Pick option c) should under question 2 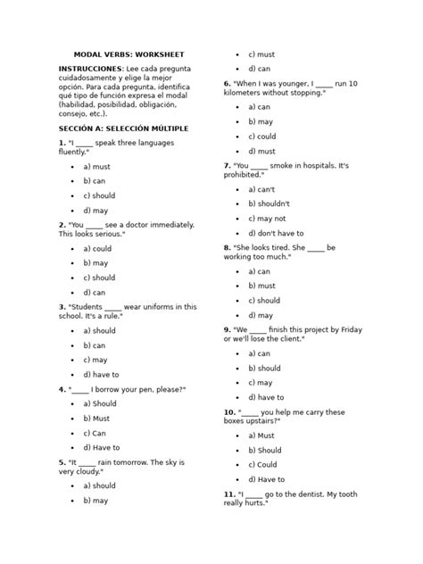coord(100,278)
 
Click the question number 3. coord(62,306)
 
